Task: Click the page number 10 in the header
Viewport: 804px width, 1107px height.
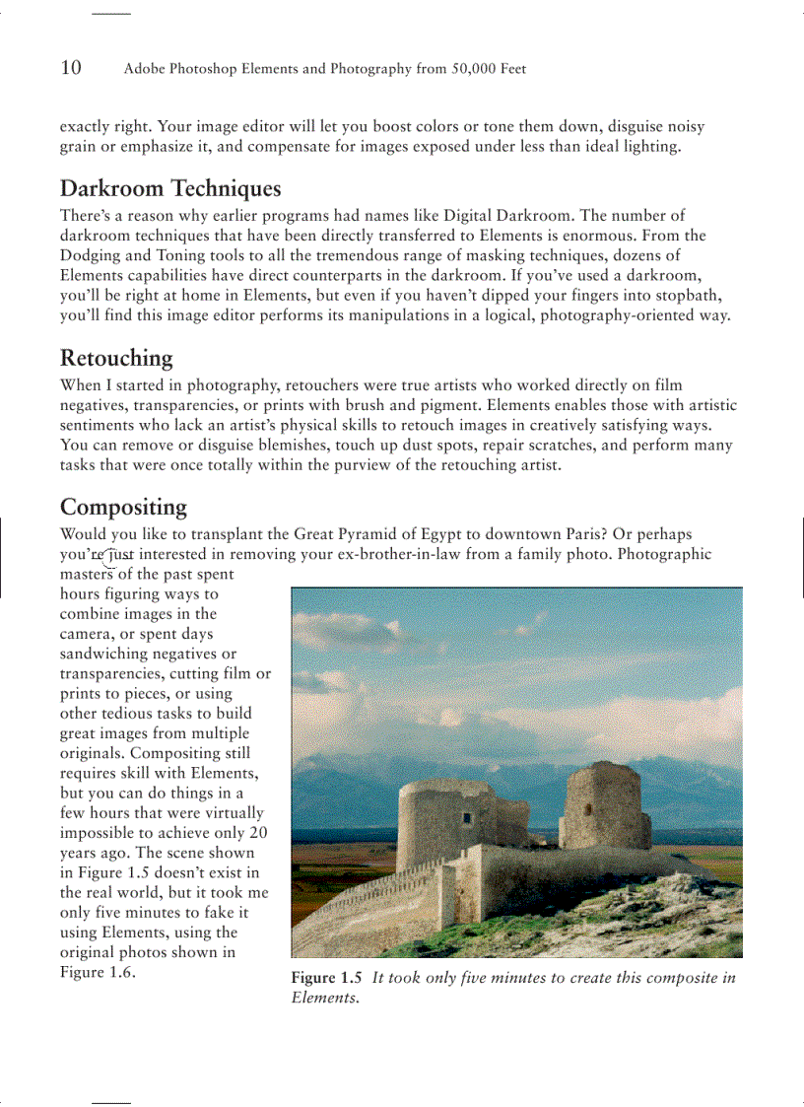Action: pos(71,68)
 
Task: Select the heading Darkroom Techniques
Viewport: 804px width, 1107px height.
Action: pos(170,188)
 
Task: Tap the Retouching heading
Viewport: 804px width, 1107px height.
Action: pos(116,358)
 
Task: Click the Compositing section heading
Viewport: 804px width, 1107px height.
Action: pos(123,507)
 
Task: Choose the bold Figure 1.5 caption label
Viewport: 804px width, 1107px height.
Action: pos(326,978)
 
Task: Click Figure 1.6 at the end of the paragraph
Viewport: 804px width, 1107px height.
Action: pos(96,973)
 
